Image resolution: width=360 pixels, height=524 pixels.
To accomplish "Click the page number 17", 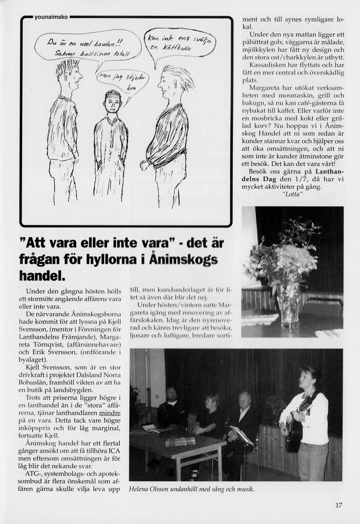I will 338,506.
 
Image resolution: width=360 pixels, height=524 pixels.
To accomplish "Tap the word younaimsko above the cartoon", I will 51,16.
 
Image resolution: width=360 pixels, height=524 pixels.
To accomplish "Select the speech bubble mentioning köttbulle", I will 181,43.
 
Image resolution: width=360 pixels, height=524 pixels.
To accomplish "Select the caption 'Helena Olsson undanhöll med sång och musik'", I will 192,489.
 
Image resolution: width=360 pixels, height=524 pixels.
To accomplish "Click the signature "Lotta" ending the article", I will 292,194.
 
